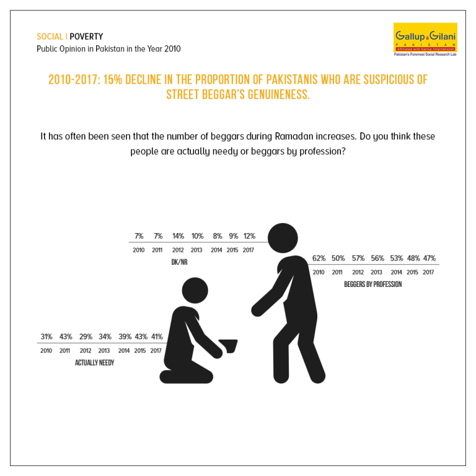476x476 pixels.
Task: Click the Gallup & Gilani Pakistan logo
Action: point(425,40)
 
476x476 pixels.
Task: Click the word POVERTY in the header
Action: point(86,37)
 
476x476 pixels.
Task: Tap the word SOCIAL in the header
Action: point(50,37)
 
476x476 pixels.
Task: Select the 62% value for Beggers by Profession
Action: point(319,258)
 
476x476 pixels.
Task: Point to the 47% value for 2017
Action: point(430,258)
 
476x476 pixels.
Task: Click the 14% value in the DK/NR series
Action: point(178,236)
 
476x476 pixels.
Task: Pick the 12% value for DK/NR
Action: point(249,236)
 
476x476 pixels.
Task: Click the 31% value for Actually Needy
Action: point(46,337)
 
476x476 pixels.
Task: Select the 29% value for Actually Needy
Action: point(86,337)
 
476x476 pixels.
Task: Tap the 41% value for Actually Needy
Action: point(157,337)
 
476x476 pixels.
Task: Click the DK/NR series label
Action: point(179,262)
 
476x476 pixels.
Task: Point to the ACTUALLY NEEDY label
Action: point(94,363)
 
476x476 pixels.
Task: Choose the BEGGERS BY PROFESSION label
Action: point(372,284)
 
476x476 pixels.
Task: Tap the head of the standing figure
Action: point(283,238)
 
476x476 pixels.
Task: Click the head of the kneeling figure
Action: point(195,291)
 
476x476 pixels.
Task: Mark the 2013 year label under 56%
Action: point(376,272)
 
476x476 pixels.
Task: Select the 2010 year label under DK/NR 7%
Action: point(138,250)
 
